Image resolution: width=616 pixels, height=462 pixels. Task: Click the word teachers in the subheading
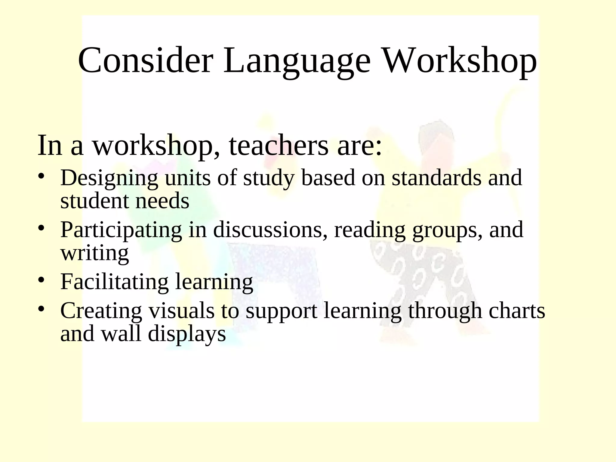279,146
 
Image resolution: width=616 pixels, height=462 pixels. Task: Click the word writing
94,254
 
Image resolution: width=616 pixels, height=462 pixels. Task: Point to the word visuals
182,310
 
